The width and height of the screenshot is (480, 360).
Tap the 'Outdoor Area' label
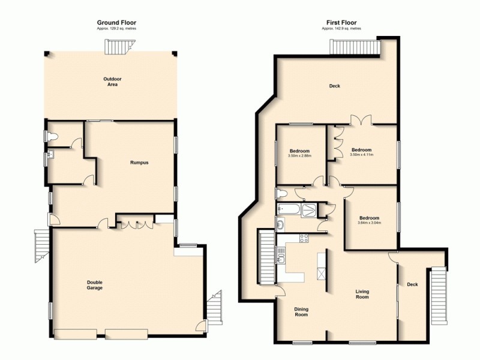(x=110, y=82)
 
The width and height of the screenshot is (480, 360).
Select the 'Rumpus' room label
(x=140, y=163)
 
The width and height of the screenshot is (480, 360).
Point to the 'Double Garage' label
(x=94, y=286)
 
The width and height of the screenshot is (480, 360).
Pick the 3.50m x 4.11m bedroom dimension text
(x=361, y=155)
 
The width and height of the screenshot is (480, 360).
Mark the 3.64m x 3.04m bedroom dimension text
(x=369, y=223)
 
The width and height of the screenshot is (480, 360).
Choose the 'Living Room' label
(x=362, y=295)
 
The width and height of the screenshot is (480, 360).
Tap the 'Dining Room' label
(x=301, y=312)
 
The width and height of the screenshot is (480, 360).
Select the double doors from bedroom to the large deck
(x=362, y=120)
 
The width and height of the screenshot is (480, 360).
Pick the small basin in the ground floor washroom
(x=52, y=156)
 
